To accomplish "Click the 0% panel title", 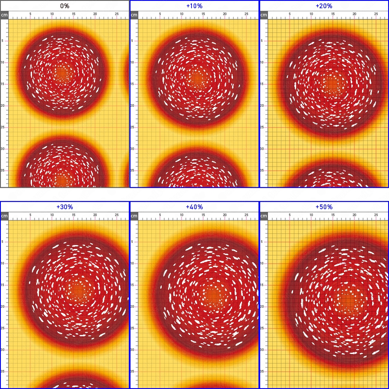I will tap(65, 6).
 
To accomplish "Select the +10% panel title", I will tap(194, 6).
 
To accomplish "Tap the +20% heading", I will tap(324, 6).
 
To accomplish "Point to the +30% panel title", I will tap(65, 207).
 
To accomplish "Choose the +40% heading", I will tap(194, 207).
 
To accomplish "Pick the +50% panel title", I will tap(324, 207).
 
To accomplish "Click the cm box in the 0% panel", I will tap(4, 15).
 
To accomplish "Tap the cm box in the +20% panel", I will tap(264, 15).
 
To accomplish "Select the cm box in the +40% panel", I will tap(134, 216).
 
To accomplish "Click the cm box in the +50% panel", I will tap(264, 216).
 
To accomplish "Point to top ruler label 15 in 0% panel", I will tap(73, 14).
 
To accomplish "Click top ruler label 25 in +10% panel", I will tap(246, 14).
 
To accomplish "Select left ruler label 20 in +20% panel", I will tap(262, 105).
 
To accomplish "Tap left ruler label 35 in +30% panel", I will tap(3, 371).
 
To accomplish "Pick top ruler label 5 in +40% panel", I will tap(160, 215).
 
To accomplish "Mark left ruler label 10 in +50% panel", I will tap(262, 263).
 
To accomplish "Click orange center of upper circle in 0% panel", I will tap(62, 73).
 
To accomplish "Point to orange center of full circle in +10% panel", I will tap(197, 79).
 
